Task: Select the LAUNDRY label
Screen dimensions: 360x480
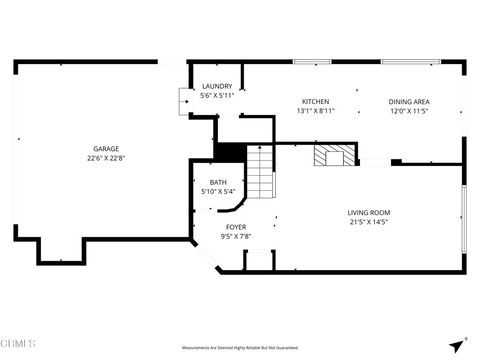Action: tap(217, 86)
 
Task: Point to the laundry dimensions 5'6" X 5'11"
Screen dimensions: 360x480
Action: tap(217, 96)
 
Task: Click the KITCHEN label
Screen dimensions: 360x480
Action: tap(316, 101)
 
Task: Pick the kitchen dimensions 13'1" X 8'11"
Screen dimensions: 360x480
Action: tap(316, 111)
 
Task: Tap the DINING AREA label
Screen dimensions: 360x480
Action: tap(409, 101)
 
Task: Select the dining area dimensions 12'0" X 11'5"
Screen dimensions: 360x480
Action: tap(409, 111)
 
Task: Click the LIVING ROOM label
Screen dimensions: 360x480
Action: tap(368, 212)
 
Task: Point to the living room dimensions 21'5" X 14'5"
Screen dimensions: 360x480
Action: tap(368, 222)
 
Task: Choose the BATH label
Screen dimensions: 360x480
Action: tap(217, 182)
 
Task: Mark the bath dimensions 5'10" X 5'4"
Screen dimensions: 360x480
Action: tap(217, 191)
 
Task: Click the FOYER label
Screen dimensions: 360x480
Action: tap(236, 227)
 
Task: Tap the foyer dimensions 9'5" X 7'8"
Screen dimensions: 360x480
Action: tap(236, 237)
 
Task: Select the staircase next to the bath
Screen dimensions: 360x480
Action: tap(260, 172)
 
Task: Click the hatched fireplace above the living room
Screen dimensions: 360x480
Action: tap(332, 156)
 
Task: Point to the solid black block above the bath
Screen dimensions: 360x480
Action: tap(230, 152)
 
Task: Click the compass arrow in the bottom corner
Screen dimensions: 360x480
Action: tap(456, 344)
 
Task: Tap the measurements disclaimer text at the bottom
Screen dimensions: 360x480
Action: tap(240, 348)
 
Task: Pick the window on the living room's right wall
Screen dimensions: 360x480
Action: tap(462, 218)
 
